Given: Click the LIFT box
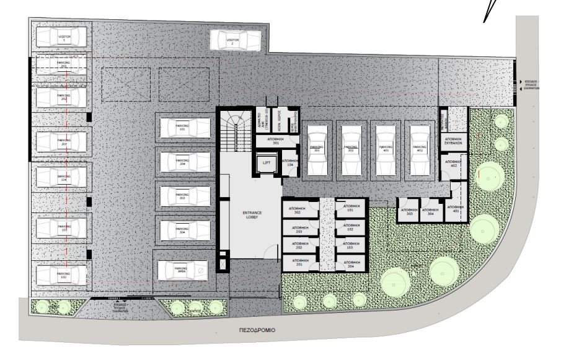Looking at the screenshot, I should pyautogui.click(x=267, y=164).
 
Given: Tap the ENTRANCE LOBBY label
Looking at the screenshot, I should pyautogui.click(x=252, y=214).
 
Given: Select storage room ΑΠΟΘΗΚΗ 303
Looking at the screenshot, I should pyautogui.click(x=407, y=211).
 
